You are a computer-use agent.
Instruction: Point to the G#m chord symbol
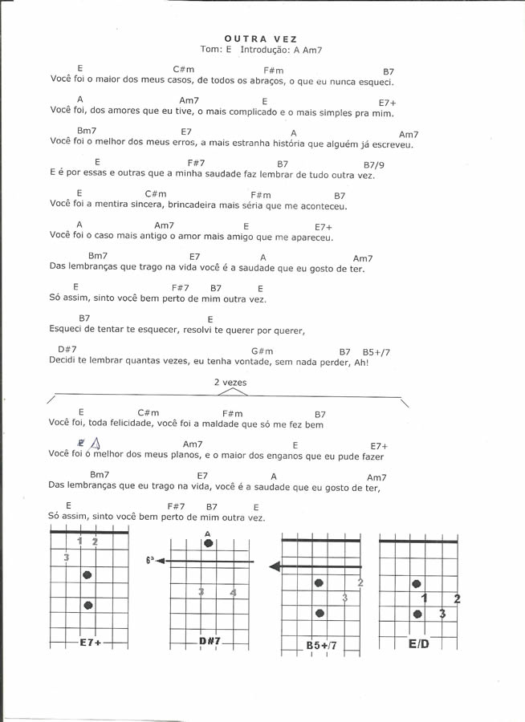(x=262, y=351)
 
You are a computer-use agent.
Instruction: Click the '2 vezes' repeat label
(x=230, y=383)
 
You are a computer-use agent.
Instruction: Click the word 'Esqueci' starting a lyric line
(x=67, y=330)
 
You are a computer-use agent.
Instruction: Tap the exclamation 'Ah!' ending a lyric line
(x=361, y=363)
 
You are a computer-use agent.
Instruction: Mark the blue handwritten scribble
(x=89, y=444)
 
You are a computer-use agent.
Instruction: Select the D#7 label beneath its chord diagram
(x=210, y=642)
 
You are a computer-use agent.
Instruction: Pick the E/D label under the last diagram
(x=418, y=643)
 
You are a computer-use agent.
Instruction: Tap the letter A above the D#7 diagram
(x=208, y=533)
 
